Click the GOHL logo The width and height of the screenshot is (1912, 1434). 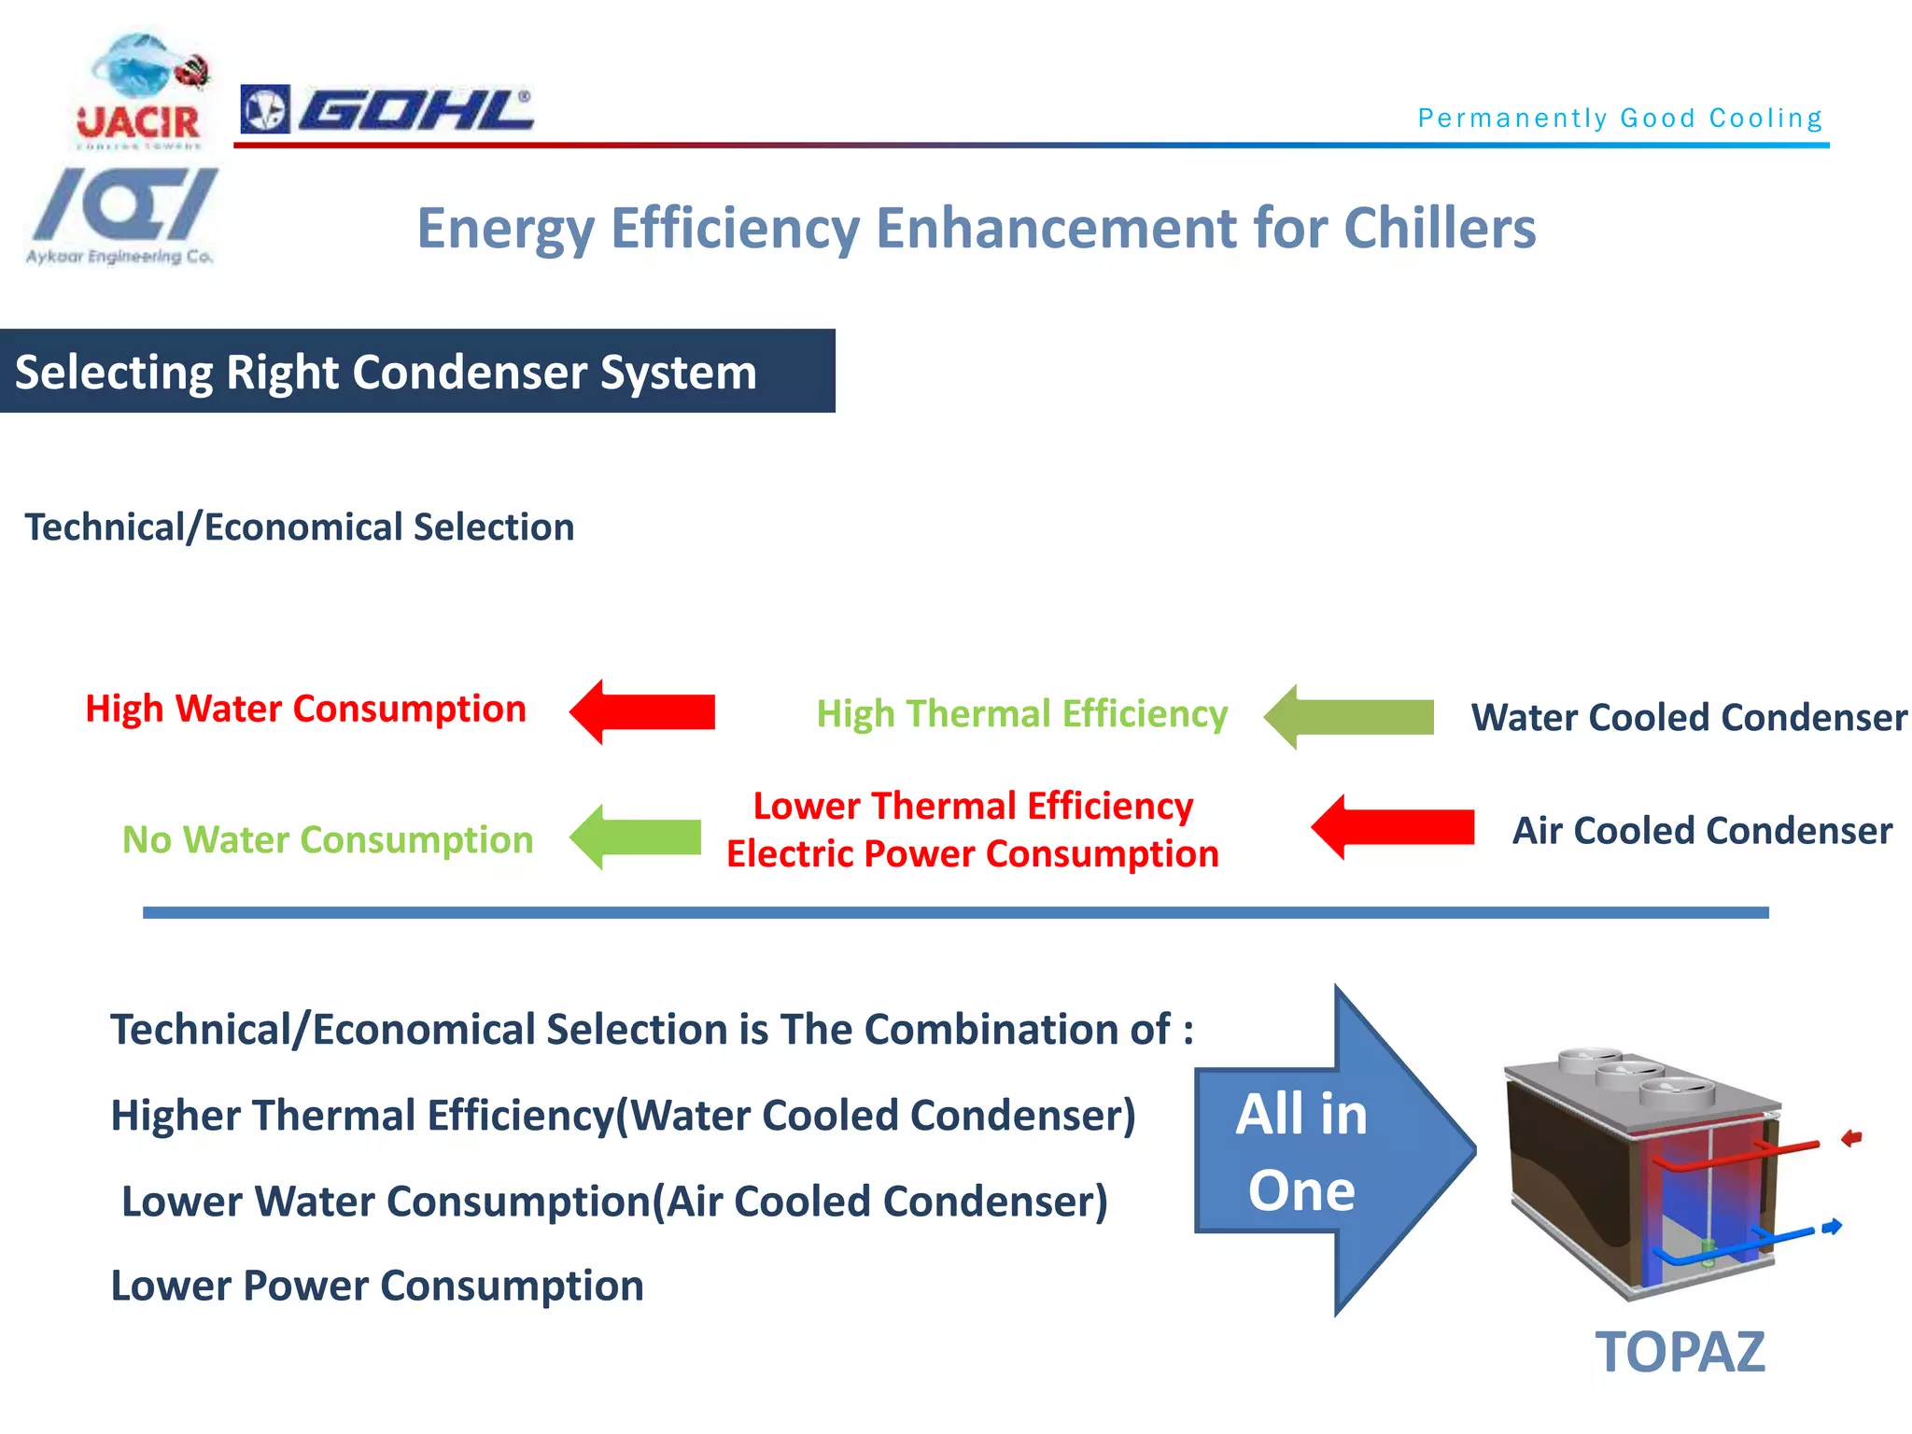[x=387, y=110]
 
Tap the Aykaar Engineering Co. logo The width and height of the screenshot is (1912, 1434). [x=122, y=216]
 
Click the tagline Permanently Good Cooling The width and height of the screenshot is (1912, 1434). [x=1620, y=118]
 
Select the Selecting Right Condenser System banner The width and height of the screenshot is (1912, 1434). [x=416, y=372]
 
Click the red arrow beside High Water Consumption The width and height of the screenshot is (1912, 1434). [x=643, y=711]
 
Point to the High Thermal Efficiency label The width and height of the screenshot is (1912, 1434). [x=1021, y=713]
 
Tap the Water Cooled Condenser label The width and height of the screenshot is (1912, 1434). [x=1688, y=717]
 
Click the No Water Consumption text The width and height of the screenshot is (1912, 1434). [x=328, y=839]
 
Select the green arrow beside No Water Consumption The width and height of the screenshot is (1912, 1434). [x=637, y=836]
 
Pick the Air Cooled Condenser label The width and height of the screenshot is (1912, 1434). [x=1701, y=830]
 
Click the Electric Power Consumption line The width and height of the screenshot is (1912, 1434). [x=972, y=853]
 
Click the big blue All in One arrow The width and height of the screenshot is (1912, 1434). [x=1326, y=1150]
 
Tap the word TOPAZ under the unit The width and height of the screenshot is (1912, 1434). [x=1680, y=1351]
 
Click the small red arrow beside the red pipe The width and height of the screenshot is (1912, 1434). [x=1850, y=1137]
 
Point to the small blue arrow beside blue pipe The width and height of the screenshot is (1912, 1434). [x=1832, y=1226]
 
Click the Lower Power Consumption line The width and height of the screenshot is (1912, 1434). [x=377, y=1286]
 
